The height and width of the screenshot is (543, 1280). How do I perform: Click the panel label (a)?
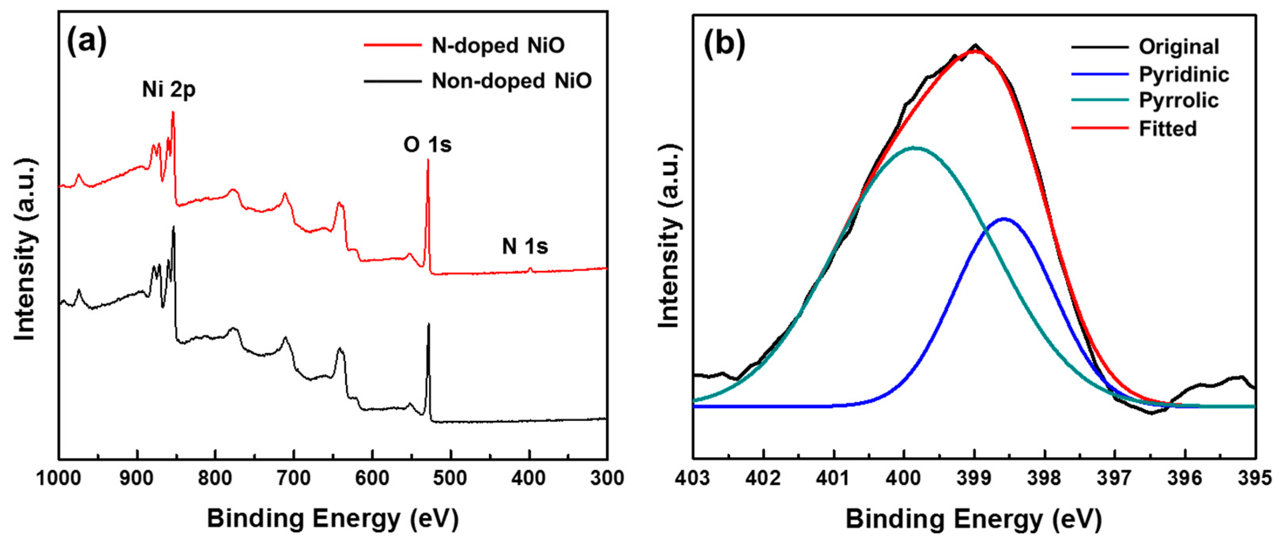(x=87, y=42)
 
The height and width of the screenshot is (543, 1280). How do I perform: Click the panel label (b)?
(x=725, y=44)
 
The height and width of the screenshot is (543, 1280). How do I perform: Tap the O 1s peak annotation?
(x=427, y=145)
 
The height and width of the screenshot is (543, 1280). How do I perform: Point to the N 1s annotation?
(x=525, y=247)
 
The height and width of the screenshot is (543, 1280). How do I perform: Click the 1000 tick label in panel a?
(x=58, y=478)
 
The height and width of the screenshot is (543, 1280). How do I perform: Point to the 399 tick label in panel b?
(x=975, y=478)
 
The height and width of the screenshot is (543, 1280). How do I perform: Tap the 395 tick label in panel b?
(x=1255, y=478)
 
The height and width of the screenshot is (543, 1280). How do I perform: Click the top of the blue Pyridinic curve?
(x=1004, y=218)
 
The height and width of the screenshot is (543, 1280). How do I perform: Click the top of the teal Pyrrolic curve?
(x=915, y=148)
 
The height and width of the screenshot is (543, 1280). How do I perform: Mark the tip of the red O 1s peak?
(x=428, y=160)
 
